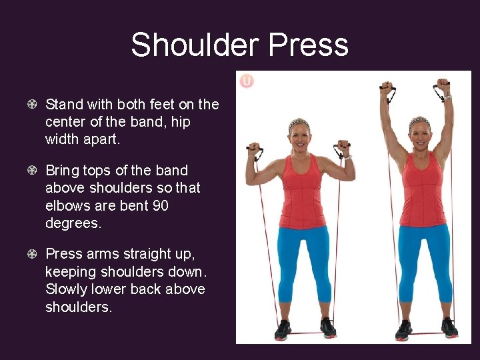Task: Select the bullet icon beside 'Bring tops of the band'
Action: (x=32, y=171)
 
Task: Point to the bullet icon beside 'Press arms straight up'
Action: (x=32, y=254)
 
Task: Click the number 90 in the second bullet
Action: (x=160, y=206)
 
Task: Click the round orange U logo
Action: (x=247, y=81)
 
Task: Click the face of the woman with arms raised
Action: (x=420, y=137)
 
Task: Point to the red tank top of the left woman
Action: (x=301, y=193)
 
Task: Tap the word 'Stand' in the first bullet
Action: (x=64, y=105)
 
